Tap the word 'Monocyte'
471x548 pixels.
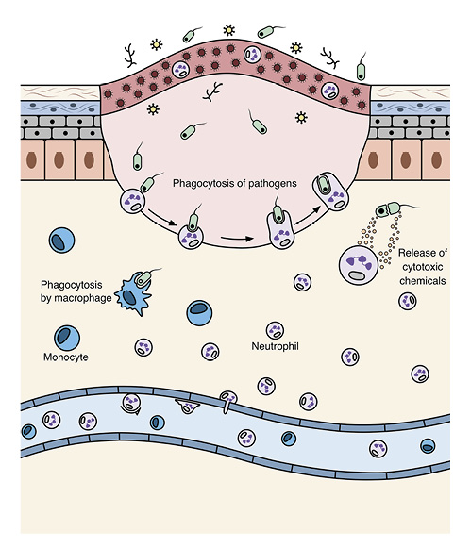[x=64, y=358]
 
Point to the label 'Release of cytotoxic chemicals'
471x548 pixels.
[x=421, y=267]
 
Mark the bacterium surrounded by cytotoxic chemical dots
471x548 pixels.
[x=389, y=212]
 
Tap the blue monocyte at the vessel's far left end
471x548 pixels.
[x=29, y=431]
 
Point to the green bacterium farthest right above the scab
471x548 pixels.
[x=361, y=68]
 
